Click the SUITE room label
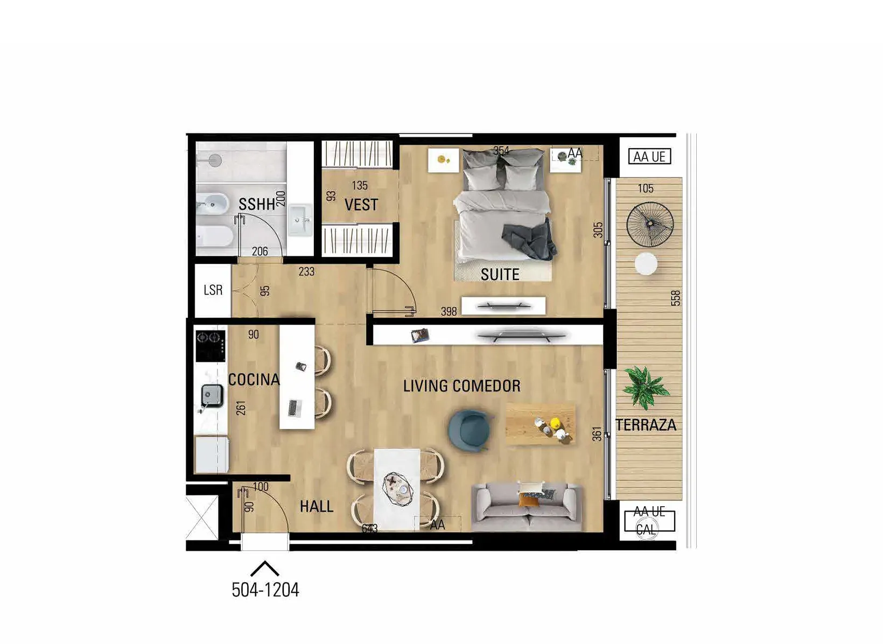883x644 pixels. tap(500, 274)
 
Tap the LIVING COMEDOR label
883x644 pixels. tap(461, 386)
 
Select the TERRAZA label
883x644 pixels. tap(646, 425)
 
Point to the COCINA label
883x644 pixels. tap(254, 380)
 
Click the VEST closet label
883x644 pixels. tap(361, 205)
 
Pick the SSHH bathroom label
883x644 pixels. tap(257, 204)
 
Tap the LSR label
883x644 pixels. tap(213, 290)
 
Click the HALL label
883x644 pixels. tap(317, 507)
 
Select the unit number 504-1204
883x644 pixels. tap(265, 590)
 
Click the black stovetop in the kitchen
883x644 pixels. tap(211, 346)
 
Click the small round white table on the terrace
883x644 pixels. tap(646, 264)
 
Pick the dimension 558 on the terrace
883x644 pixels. tap(676, 298)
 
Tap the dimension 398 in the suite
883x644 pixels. tap(448, 311)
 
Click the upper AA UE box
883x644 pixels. tap(649, 157)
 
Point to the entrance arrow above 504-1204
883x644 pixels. tap(265, 569)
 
